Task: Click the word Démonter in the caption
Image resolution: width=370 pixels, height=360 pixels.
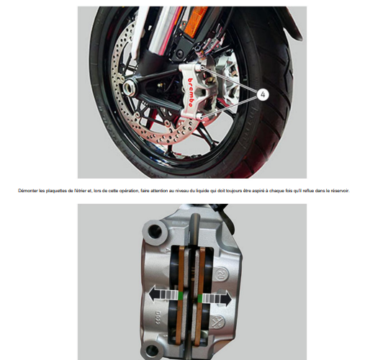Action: (33, 191)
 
